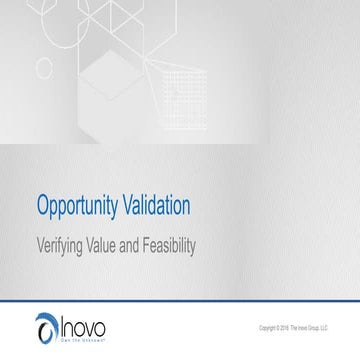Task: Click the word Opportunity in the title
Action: (x=77, y=207)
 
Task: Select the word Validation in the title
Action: (x=154, y=207)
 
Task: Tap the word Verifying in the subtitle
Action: (x=63, y=242)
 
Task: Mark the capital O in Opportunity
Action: (x=42, y=207)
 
